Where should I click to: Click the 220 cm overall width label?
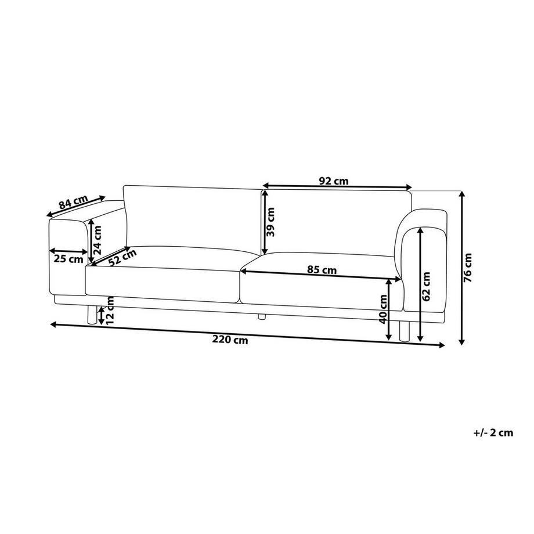[230, 340]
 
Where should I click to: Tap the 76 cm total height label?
[469, 268]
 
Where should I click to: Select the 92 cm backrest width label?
[334, 181]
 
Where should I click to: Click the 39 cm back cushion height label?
[270, 222]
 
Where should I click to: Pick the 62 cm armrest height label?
[426, 286]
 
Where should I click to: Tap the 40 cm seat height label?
[383, 309]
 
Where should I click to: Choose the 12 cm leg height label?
[110, 311]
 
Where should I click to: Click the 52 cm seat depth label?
[122, 257]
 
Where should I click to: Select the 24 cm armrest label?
[97, 240]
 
